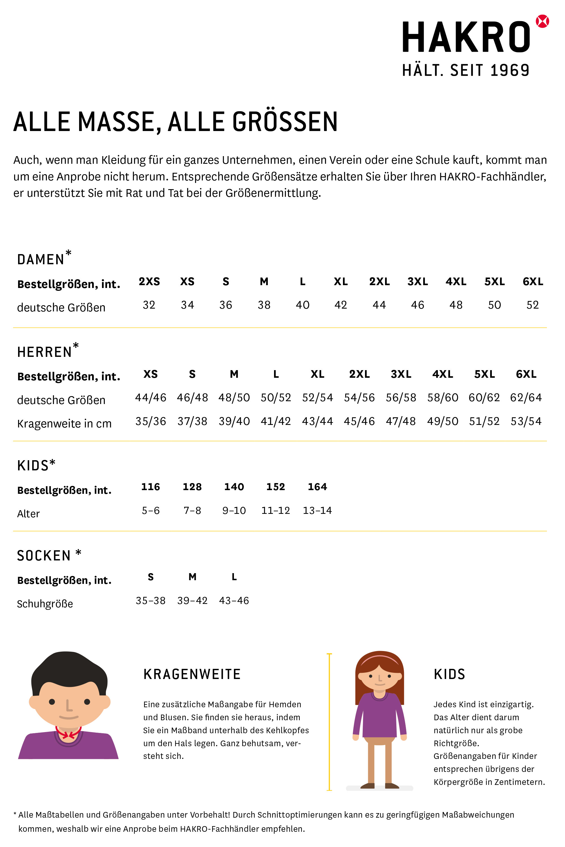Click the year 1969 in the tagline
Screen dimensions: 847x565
pyautogui.click(x=510, y=70)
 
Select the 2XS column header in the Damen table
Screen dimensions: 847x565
pyautogui.click(x=149, y=281)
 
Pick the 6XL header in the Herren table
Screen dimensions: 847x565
pyautogui.click(x=526, y=374)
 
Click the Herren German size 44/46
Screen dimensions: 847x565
pyautogui.click(x=151, y=398)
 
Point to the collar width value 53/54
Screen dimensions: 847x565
pyautogui.click(x=526, y=421)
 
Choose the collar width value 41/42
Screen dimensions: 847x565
pyautogui.click(x=276, y=421)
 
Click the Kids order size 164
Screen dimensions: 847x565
pyautogui.click(x=317, y=487)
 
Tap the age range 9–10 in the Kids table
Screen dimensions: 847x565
pyautogui.click(x=234, y=511)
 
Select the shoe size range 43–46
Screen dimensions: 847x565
pyautogui.click(x=234, y=601)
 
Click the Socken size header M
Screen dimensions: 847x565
pyautogui.click(x=192, y=577)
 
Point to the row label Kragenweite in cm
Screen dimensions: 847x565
pyautogui.click(x=64, y=424)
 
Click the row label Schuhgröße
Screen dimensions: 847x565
pyautogui.click(x=45, y=604)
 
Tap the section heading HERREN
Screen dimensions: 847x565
pyautogui.click(x=45, y=352)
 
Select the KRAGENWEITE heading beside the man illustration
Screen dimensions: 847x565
pyautogui.click(x=192, y=674)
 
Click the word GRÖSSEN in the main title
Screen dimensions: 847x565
pyautogui.click(x=285, y=122)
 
